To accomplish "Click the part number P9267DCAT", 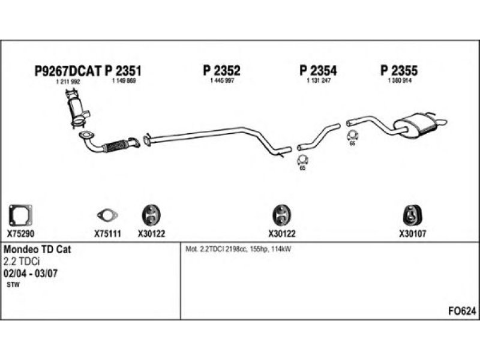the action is point(67,71).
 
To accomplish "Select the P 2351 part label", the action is point(123,71).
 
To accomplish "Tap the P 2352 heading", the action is point(221,70).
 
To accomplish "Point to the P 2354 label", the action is point(318,70).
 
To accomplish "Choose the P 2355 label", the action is point(399,70).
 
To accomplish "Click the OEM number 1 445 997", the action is point(222,80).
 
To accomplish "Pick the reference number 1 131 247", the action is point(319,80).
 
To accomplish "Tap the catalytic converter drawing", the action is point(77,107).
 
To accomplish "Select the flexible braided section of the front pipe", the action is point(115,146).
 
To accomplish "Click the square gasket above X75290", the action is point(20,215).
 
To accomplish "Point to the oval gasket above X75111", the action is point(107,215).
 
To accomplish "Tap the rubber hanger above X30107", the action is point(412,215).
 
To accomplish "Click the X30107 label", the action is point(412,234).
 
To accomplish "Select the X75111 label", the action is point(107,234).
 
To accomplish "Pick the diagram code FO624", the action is point(462,311).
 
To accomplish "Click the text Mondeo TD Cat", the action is point(37,249).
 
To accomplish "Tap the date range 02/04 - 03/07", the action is point(31,273).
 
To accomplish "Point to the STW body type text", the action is point(13,284).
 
